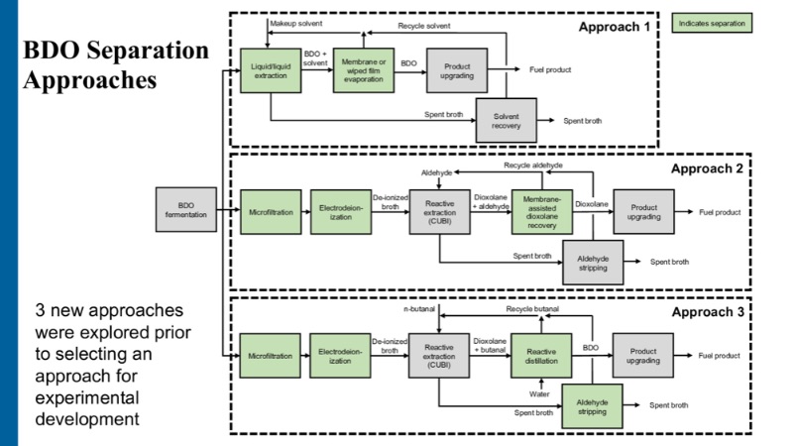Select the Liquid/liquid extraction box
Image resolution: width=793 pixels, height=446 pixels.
(270, 71)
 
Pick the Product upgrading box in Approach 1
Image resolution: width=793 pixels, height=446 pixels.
(457, 71)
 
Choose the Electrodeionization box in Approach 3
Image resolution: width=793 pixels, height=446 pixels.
(340, 356)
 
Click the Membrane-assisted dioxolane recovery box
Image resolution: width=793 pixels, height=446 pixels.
(542, 211)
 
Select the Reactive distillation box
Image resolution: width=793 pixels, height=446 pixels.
(542, 356)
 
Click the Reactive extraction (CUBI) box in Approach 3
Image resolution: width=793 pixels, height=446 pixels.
(439, 356)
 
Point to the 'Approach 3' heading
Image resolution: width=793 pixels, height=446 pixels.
(707, 311)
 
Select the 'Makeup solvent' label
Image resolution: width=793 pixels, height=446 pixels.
(298, 22)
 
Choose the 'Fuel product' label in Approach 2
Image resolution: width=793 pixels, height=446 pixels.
(721, 212)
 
